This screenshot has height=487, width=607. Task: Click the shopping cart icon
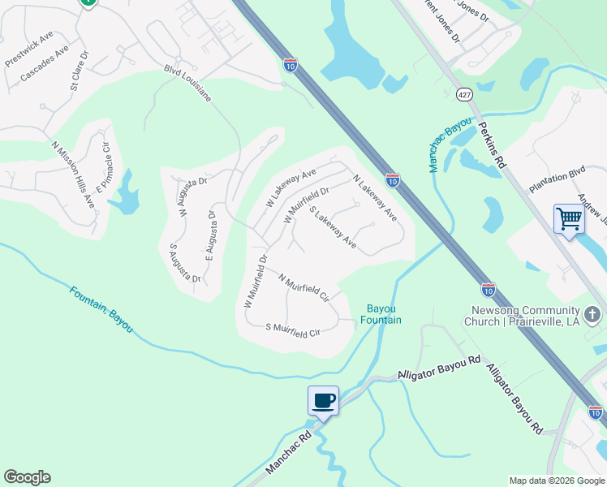click(x=569, y=218)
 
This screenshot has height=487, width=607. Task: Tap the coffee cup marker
click(x=324, y=400)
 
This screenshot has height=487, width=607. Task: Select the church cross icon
click(x=593, y=313)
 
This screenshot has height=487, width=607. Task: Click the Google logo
click(x=27, y=477)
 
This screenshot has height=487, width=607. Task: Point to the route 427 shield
click(x=464, y=95)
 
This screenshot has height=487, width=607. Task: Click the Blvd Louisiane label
click(x=187, y=84)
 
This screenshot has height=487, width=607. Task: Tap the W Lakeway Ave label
click(x=291, y=187)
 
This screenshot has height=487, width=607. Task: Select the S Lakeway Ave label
click(x=333, y=230)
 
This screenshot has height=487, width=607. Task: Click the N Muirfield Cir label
click(x=303, y=288)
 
